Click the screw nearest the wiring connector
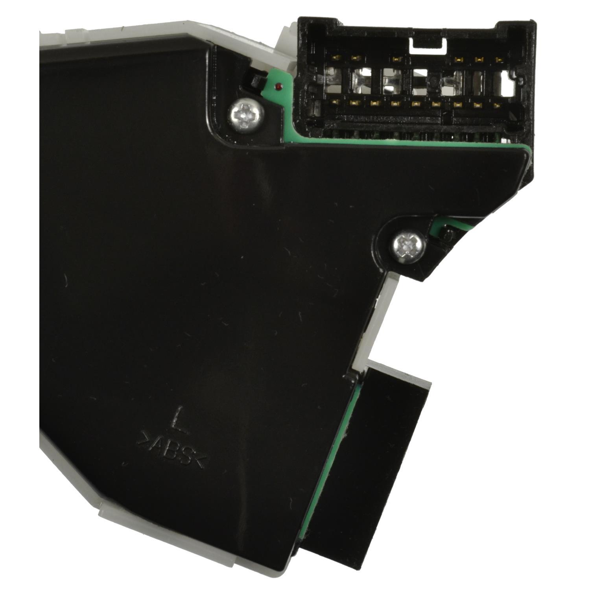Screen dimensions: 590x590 pos(245,114)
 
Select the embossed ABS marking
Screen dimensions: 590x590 pos(171,451)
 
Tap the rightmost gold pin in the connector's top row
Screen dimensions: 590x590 pos(500,60)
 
